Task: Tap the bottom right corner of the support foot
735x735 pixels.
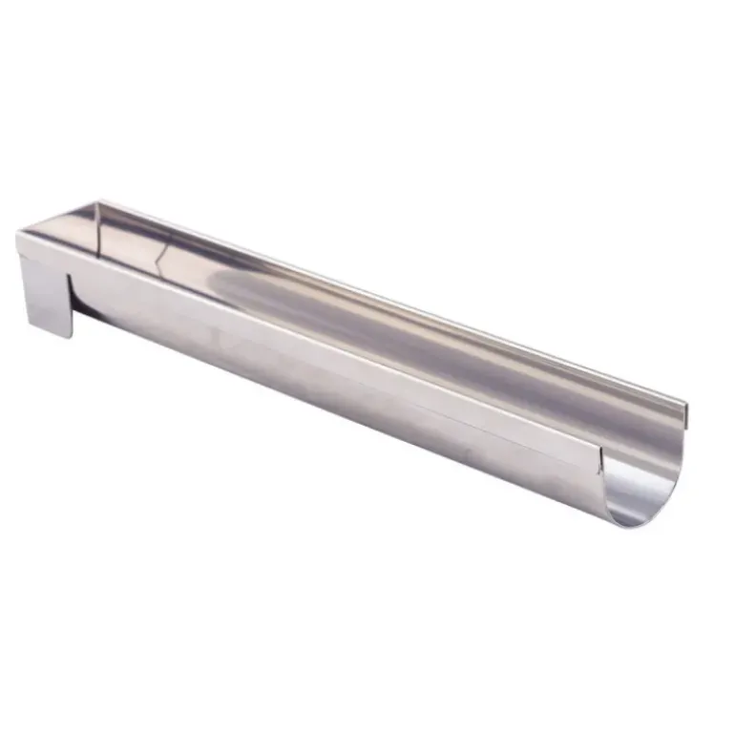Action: coord(72,336)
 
